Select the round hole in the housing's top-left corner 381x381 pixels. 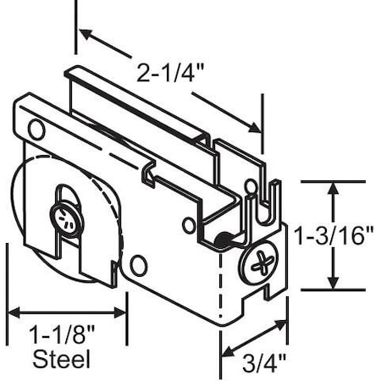coord(36,130)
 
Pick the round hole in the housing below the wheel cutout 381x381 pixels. coord(138,265)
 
